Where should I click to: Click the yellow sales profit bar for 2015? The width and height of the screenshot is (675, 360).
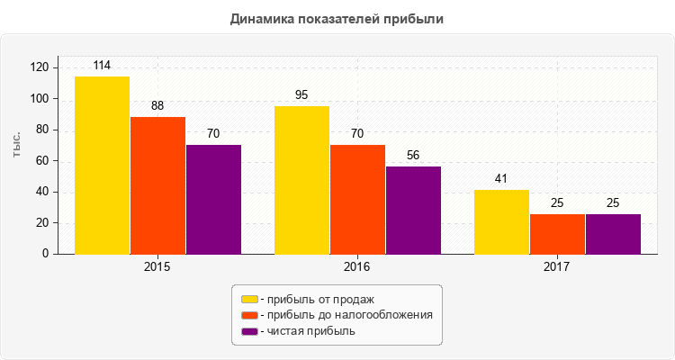102,165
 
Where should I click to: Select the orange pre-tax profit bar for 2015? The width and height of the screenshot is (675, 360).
157,185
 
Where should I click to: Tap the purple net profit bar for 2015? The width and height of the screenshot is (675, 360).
213,199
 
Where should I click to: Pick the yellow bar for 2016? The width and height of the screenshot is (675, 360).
301,180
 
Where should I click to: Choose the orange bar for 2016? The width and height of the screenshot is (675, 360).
357,199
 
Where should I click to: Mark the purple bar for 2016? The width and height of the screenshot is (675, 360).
413,210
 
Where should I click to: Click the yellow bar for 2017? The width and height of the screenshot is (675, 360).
501,221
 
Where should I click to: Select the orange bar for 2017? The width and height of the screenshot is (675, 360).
557,234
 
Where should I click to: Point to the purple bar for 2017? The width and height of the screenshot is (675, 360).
613,234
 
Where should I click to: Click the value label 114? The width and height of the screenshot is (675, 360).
102,66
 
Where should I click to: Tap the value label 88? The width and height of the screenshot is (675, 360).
157,105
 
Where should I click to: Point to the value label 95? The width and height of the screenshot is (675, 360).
301,94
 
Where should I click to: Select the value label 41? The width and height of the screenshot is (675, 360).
501,178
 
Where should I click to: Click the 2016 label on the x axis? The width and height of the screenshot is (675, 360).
357,267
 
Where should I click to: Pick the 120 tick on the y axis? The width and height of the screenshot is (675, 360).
39,67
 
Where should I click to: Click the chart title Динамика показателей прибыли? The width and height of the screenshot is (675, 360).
337,18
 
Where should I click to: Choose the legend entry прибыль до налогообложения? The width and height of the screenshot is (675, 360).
346,315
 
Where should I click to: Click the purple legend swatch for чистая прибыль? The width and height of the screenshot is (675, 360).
249,331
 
